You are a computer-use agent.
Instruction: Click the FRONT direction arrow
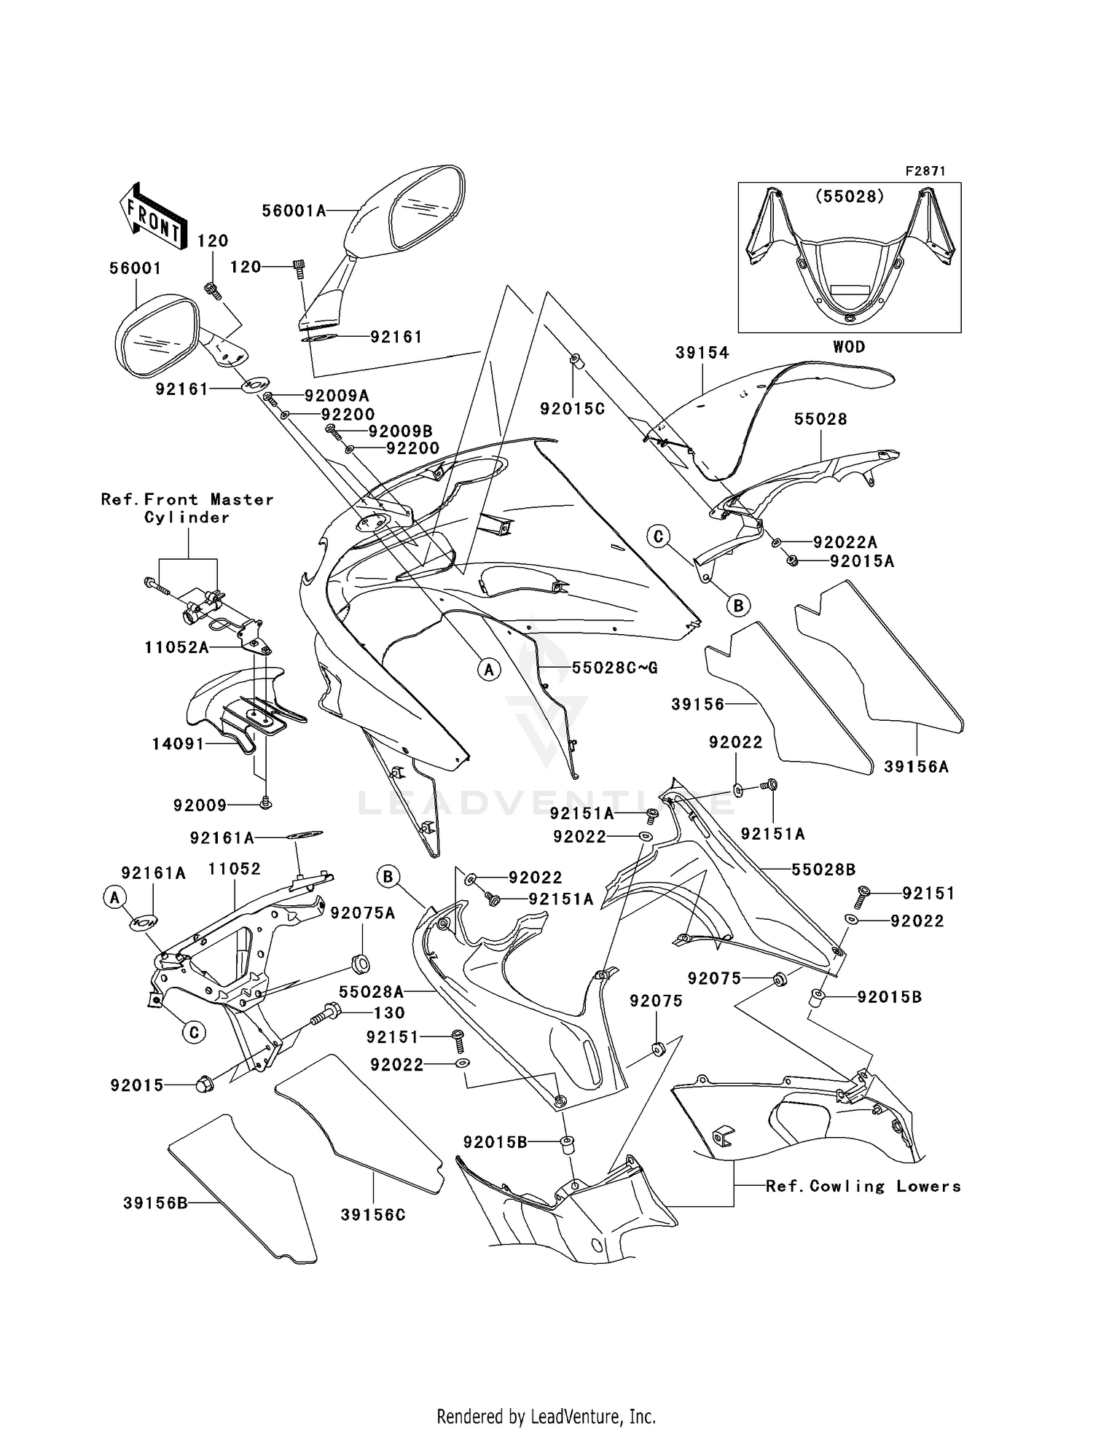pos(152,216)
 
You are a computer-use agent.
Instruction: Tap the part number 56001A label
pos(293,211)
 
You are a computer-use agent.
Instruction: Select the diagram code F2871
pos(925,171)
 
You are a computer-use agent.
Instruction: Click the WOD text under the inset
pos(849,347)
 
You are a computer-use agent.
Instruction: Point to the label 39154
pos(702,353)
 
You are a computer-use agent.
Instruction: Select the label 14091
pos(178,744)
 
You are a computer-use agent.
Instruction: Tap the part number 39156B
pos(155,1203)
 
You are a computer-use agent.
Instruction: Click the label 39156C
pos(372,1215)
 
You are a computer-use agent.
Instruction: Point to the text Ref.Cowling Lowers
pos(863,1187)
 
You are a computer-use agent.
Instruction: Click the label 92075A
pos(362,914)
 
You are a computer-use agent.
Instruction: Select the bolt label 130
pos(389,1013)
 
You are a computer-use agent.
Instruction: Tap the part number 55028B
pos(823,870)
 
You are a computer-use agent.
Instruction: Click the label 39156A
pos(916,767)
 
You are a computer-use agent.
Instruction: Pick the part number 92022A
pos(845,542)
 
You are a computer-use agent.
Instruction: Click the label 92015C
pos(572,410)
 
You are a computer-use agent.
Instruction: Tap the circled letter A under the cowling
pos(489,669)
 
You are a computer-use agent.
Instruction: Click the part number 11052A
pos(176,647)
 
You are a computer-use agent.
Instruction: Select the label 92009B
pos(400,431)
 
